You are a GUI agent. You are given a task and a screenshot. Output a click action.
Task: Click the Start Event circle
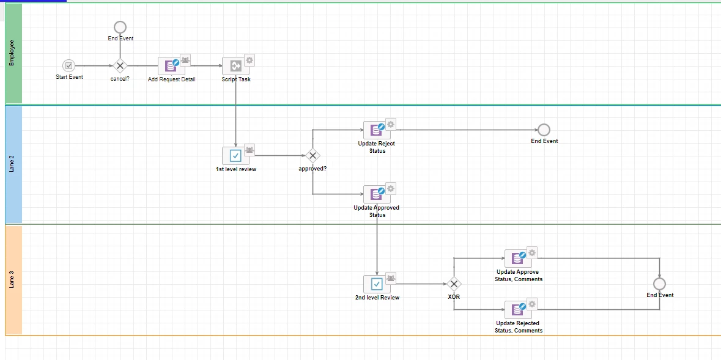pos(68,66)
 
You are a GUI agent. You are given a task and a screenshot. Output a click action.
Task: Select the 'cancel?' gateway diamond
pos(120,66)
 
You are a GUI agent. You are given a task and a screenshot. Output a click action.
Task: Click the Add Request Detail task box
pos(171,66)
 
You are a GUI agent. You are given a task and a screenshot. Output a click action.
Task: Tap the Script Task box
pos(235,66)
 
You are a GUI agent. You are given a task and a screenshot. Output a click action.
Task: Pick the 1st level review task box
pos(235,156)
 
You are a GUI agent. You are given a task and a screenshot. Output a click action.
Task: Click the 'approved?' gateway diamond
pos(312,156)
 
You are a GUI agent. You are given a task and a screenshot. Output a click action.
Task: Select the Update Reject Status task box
pos(377,130)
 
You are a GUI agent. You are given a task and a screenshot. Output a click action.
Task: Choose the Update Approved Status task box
pos(377,194)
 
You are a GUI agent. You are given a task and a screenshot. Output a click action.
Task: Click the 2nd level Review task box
pos(377,284)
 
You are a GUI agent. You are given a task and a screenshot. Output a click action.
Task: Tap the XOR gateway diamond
pos(454,284)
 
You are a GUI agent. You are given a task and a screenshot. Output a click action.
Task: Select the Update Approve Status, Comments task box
pos(518,259)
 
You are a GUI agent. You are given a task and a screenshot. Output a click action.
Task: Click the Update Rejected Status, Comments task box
pos(518,310)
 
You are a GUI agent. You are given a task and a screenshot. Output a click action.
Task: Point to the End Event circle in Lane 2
pos(544,130)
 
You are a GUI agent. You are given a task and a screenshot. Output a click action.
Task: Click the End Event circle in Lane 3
pos(659,284)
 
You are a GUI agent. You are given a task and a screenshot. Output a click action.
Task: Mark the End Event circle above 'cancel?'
pos(120,27)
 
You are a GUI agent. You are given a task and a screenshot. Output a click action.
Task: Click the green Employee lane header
pos(13,53)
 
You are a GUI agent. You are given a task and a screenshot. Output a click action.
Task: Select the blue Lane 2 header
pos(13,164)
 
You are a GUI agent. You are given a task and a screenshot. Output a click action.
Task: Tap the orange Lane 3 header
pos(13,279)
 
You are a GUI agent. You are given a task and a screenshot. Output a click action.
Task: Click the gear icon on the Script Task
pos(250,60)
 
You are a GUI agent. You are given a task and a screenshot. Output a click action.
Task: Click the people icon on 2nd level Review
pos(390,277)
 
